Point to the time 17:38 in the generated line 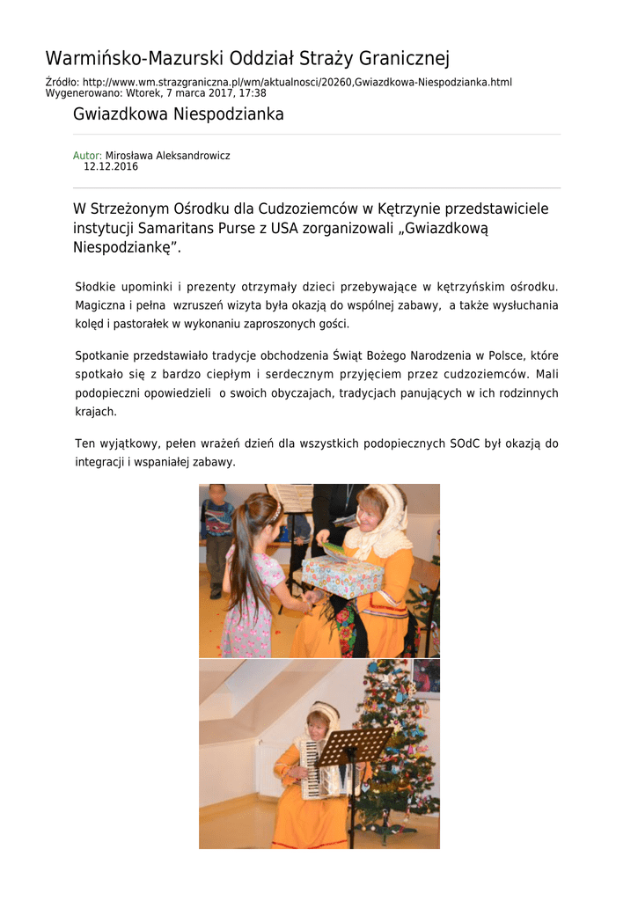pyautogui.click(x=253, y=93)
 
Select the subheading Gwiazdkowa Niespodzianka pyautogui.click(x=178, y=115)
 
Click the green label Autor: pyautogui.click(x=87, y=156)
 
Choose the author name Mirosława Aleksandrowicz pyautogui.click(x=167, y=156)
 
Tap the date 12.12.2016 pyautogui.click(x=111, y=166)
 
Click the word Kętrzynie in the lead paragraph pyautogui.click(x=410, y=209)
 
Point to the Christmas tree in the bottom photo pyautogui.click(x=396, y=748)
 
